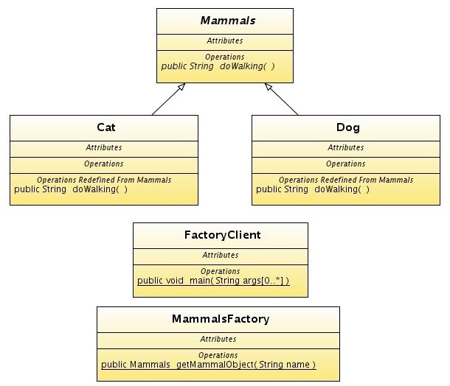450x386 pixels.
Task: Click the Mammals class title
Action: [x=225, y=21]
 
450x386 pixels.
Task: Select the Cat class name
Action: [x=105, y=127]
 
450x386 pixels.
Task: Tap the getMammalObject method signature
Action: [x=209, y=365]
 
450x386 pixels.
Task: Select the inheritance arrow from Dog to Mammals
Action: [x=281, y=99]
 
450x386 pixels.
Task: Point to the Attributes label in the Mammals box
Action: [x=225, y=41]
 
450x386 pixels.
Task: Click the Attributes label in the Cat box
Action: [x=104, y=147]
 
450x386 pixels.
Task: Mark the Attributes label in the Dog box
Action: [x=346, y=147]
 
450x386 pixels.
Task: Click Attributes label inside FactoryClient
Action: [x=221, y=255]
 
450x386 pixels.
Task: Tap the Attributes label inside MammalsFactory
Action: [x=218, y=339]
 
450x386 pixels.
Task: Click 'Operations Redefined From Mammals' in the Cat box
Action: [x=104, y=180]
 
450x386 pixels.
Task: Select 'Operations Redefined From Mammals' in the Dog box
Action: [x=346, y=180]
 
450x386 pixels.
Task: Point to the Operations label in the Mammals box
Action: [x=225, y=57]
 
